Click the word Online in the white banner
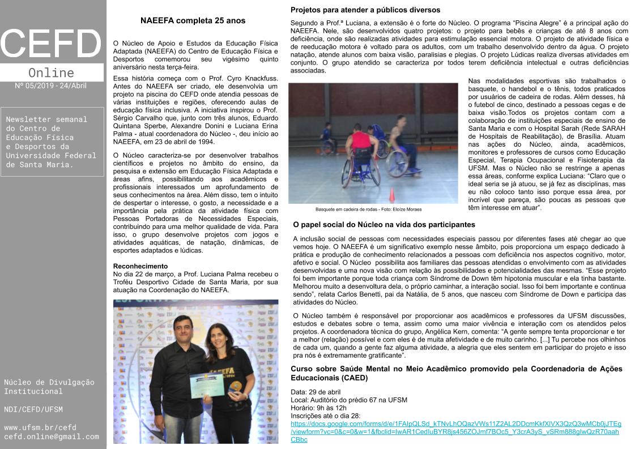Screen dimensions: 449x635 pos(51,72)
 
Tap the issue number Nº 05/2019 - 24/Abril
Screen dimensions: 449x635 pos(51,86)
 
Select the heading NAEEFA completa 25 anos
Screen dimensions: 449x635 pos(193,21)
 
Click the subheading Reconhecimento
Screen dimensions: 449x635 pos(140,266)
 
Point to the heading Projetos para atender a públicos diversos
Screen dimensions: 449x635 pos(365,10)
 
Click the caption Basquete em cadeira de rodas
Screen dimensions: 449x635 pos(368,209)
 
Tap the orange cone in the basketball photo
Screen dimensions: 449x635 pos(391,195)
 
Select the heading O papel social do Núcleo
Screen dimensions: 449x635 pos(383,225)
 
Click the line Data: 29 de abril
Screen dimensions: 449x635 pos(316,392)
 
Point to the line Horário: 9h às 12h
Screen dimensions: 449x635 pos(318,408)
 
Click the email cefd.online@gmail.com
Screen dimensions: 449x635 pos(52,437)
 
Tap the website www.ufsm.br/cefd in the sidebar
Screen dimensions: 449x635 pos(40,427)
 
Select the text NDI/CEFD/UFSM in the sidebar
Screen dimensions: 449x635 pos(33,409)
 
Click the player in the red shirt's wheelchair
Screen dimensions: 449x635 pos(366,170)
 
